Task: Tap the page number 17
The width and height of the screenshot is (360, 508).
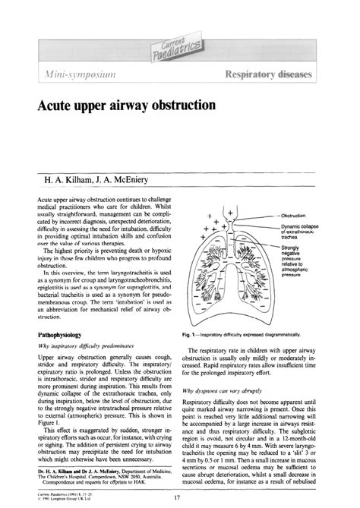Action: point(176,498)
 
